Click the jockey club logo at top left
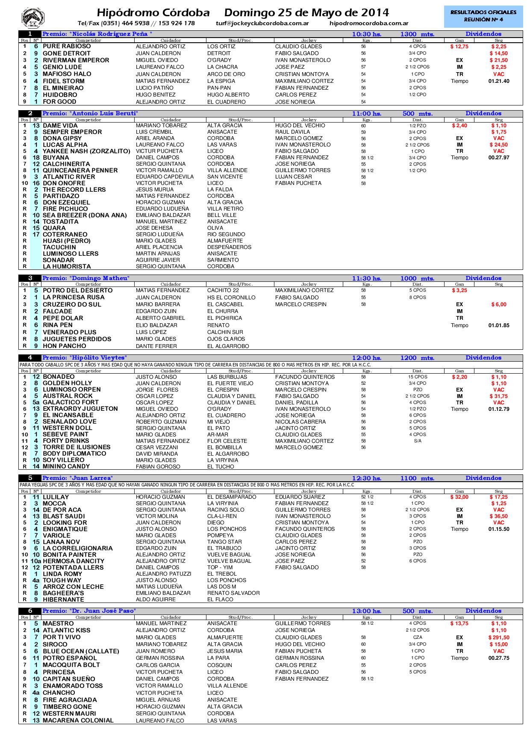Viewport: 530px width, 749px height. click(33, 18)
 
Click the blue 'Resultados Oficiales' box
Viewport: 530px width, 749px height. click(483, 16)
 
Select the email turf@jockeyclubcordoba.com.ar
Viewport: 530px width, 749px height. click(262, 23)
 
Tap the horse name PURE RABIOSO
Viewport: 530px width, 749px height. click(67, 46)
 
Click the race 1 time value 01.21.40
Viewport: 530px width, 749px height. click(498, 81)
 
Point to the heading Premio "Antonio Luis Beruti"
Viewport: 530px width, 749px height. click(90, 114)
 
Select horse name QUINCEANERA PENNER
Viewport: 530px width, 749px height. click(80, 170)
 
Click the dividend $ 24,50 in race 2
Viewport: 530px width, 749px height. click(498, 145)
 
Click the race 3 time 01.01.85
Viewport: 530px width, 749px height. click(498, 325)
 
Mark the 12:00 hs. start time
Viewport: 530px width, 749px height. click(366, 358)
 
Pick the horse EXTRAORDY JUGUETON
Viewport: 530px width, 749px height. click(80, 409)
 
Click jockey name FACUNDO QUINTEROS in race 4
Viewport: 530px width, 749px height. click(305, 377)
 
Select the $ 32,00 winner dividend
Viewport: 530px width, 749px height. click(459, 497)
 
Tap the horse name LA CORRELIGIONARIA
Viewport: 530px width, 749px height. click(77, 548)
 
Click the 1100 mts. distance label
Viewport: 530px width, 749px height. click(417, 478)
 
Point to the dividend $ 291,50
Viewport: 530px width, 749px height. click(498, 638)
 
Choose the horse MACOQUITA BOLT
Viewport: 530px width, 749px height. click(71, 665)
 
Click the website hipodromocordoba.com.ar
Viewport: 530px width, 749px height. click(369, 23)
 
